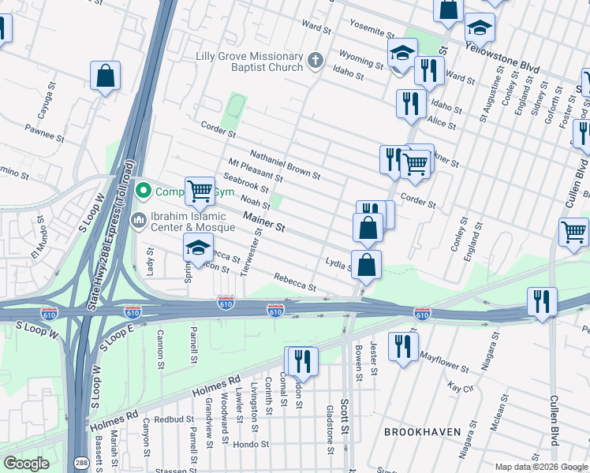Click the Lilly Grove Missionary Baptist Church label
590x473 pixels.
(249, 61)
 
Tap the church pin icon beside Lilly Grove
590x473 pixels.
(315, 61)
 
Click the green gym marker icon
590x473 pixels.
(143, 190)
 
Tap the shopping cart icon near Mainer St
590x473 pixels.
(200, 190)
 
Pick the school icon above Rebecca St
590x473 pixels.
(198, 248)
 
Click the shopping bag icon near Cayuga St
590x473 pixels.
(105, 76)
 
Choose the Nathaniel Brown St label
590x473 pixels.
(285, 164)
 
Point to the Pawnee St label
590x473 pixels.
(44, 131)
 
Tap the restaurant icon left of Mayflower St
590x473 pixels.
(403, 346)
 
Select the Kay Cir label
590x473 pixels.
(459, 388)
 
